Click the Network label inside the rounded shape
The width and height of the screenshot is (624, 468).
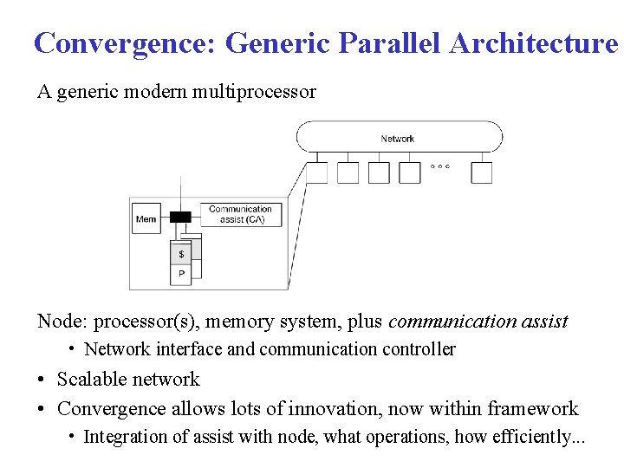[x=398, y=139]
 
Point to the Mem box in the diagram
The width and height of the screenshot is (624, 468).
[x=146, y=219]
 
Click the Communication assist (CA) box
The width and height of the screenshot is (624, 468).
[x=240, y=214]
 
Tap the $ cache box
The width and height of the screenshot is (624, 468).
[x=181, y=254]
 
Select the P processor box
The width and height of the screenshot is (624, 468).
[x=181, y=274]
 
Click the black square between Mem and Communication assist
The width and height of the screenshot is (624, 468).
[x=180, y=217]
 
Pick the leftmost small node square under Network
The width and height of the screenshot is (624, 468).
[x=317, y=172]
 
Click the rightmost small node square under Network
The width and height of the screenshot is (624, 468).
[x=482, y=172]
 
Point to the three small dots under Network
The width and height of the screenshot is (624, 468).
[x=440, y=166]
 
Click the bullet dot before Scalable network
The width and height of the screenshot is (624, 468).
[x=42, y=380]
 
